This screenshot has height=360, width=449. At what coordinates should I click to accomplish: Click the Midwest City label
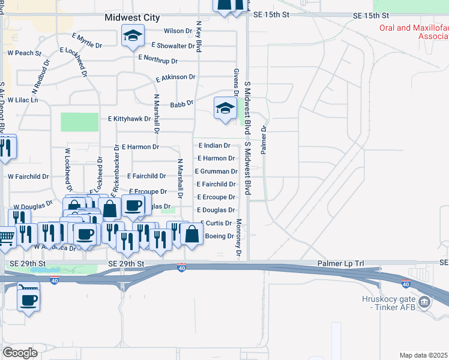coord(132,18)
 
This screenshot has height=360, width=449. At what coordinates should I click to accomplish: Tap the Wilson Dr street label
coord(177,31)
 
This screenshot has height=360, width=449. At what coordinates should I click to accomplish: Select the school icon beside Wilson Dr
coord(132,35)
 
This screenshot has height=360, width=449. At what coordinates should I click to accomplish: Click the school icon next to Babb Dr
coord(225,108)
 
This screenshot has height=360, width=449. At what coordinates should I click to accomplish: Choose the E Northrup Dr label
coord(158,59)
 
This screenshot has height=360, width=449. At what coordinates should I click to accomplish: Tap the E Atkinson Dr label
coord(175,77)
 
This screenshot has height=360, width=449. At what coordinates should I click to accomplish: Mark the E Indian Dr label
coord(214,145)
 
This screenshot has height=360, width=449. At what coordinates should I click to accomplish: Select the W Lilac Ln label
coord(22,100)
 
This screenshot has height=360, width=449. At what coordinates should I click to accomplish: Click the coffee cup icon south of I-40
coord(29,298)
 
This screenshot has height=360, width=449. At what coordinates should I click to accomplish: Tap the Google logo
coord(20,353)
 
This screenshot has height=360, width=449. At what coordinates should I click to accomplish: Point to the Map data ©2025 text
coord(423,355)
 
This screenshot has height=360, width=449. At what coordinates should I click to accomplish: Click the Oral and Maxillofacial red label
coord(414,32)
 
